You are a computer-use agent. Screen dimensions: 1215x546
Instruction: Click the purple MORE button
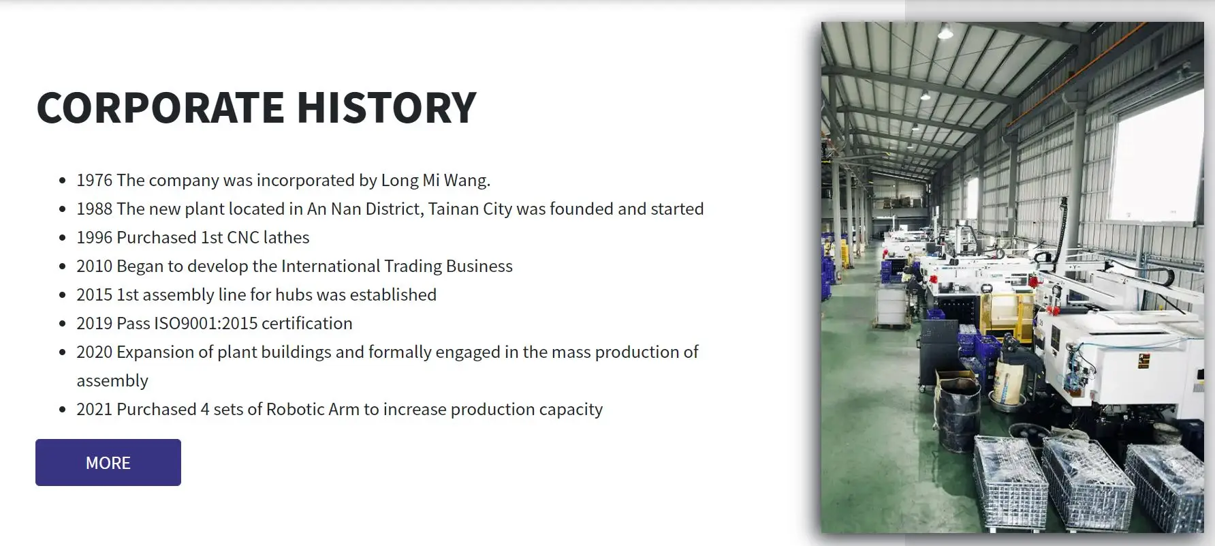point(108,462)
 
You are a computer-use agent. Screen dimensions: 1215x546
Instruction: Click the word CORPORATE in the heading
point(161,108)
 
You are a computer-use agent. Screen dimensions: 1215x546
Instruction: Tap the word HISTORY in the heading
point(386,108)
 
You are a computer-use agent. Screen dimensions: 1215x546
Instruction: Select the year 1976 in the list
point(94,180)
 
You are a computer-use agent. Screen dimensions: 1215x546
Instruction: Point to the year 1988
point(94,209)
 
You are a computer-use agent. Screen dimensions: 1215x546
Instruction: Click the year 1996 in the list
point(94,237)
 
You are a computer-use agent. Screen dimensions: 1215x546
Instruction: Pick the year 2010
point(94,266)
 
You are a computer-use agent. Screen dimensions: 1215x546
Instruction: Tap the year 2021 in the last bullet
point(94,409)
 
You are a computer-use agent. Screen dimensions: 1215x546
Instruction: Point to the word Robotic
point(295,409)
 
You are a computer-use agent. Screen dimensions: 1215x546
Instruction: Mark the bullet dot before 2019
point(63,324)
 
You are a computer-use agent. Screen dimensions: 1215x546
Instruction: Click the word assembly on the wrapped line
point(112,381)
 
